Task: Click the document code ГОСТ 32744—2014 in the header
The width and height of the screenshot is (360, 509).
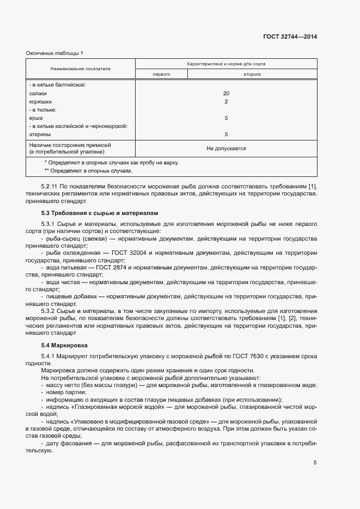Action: pos(290,36)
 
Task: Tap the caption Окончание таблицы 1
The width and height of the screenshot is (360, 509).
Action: pos(54,53)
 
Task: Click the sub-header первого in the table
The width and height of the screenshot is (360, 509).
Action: pos(162,73)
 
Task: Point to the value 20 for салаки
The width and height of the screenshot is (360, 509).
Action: pos(226,93)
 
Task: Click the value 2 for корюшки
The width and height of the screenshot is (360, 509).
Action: pos(226,101)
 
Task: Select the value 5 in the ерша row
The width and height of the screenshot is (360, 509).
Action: pos(226,118)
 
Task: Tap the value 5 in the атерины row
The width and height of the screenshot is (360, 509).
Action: pos(226,134)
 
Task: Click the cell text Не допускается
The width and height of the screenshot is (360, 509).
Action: pos(226,148)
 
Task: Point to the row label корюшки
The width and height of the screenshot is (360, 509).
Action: pos(41,101)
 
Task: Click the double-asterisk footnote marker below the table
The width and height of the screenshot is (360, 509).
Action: pos(46,170)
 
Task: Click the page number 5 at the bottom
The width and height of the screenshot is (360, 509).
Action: pos(315,463)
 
